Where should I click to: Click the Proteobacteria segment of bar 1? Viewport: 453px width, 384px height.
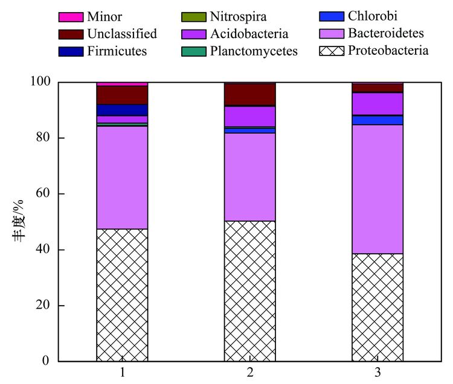pyautogui.click(x=122, y=295)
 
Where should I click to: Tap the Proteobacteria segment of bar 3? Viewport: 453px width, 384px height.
pyautogui.click(x=377, y=307)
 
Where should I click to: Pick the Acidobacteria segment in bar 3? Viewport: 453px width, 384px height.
pyautogui.click(x=377, y=104)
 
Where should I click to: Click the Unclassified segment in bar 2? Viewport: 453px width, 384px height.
pyautogui.click(x=249, y=94)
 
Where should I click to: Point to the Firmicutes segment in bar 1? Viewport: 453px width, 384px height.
pyautogui.click(x=122, y=110)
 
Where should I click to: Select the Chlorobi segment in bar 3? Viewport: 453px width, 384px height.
pyautogui.click(x=377, y=120)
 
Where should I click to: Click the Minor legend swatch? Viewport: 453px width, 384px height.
pyautogui.click(x=70, y=17)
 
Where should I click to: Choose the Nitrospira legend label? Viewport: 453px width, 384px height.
pyautogui.click(x=238, y=17)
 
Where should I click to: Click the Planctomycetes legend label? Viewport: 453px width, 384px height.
pyautogui.click(x=254, y=51)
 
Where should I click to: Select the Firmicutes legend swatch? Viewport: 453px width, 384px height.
pyautogui.click(x=70, y=51)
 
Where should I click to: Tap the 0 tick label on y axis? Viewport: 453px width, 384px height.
pyautogui.click(x=48, y=361)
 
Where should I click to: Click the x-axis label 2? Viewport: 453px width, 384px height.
pyautogui.click(x=250, y=373)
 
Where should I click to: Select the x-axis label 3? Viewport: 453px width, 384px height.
pyautogui.click(x=377, y=373)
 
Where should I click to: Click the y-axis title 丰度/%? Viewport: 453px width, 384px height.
pyautogui.click(x=19, y=221)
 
